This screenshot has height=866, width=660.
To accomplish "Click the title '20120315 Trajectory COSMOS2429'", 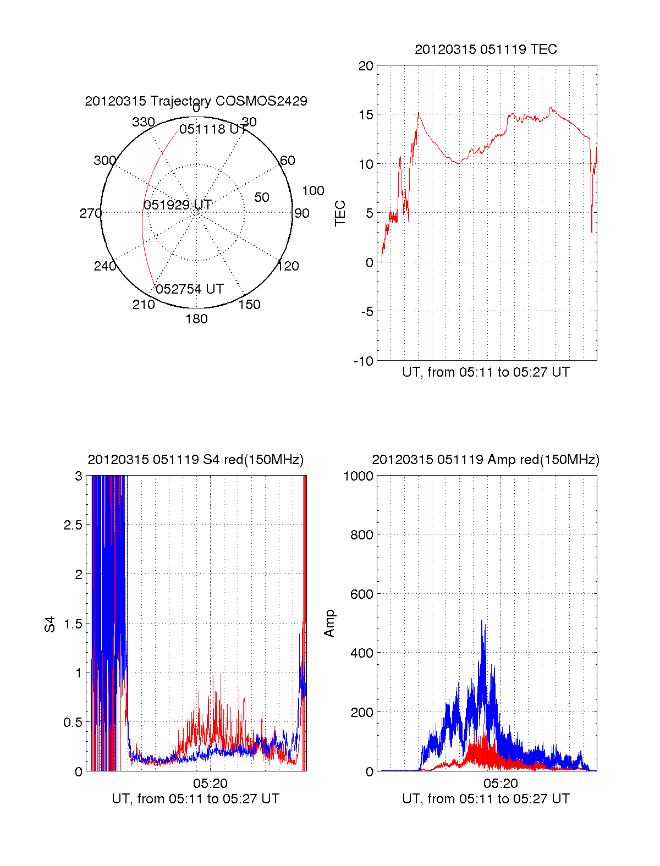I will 196,101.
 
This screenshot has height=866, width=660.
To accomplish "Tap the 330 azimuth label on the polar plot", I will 144,122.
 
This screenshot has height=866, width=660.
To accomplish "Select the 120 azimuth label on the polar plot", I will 288,267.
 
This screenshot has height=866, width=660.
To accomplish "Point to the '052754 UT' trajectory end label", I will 190,289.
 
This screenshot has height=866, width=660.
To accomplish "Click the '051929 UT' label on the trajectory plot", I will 178,205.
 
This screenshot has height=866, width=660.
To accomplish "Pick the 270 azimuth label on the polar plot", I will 90,213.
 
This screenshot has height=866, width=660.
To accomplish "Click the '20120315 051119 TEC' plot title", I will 486,49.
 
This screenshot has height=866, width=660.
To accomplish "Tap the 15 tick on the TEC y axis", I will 366,115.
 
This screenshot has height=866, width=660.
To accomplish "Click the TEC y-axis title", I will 340,213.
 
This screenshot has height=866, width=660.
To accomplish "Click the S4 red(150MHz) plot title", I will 195,460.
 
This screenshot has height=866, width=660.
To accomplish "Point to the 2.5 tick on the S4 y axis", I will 73,525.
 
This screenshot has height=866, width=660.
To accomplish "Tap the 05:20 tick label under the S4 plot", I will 210,784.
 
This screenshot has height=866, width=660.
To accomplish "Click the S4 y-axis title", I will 50,624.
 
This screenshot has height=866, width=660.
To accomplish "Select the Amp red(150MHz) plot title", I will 486,460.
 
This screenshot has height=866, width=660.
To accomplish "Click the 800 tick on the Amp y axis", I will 361,535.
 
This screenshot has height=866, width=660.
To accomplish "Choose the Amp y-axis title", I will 329,624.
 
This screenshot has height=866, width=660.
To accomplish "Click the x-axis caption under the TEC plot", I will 486,372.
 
